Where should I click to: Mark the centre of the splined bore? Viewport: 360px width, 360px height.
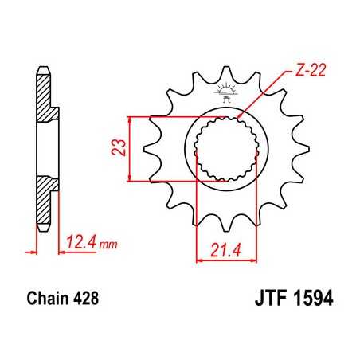(225, 147)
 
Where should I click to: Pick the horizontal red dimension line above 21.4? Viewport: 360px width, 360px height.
(225, 259)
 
